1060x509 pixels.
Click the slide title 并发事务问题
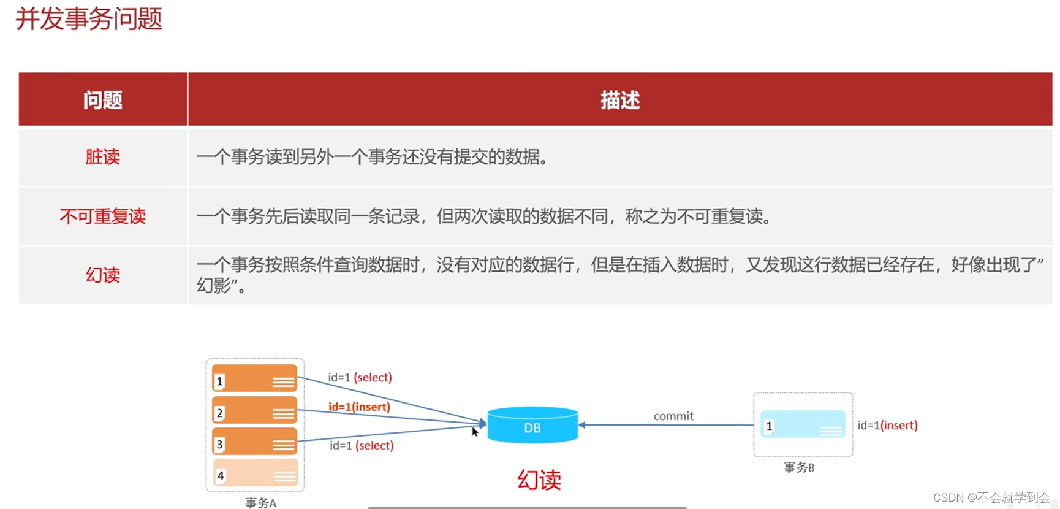89,19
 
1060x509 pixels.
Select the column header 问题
103,100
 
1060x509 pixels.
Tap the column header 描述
619,100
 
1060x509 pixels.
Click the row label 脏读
103,157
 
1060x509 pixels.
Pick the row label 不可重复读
103,216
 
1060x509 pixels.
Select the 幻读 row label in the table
103,275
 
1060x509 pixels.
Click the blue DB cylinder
532,425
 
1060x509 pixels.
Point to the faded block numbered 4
254,473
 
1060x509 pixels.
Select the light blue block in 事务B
803,424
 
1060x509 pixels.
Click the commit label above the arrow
673,416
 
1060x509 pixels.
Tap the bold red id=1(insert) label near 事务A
359,407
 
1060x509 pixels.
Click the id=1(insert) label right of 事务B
887,425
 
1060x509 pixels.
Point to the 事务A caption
260,503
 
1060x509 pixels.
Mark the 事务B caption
799,467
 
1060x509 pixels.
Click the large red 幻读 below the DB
539,480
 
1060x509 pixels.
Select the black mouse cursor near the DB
475,432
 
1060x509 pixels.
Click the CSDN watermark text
991,497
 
